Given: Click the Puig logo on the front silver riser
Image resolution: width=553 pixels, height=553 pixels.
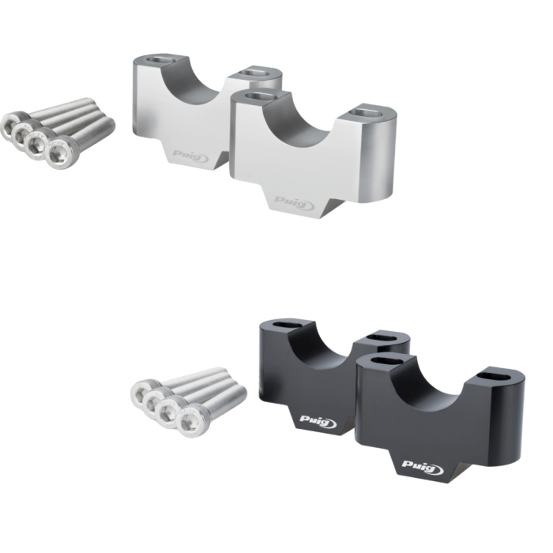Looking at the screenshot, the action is tap(295, 203).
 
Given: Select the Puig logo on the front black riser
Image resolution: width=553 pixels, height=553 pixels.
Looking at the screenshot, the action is tap(423, 467).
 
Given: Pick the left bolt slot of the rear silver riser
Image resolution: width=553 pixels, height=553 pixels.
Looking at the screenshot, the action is tap(160, 59).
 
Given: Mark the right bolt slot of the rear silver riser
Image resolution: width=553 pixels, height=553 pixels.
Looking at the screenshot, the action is tap(254, 73).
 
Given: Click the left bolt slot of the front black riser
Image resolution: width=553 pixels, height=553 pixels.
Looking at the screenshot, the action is tap(386, 361).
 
